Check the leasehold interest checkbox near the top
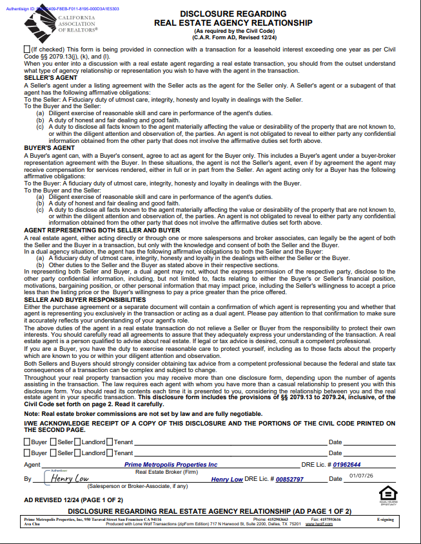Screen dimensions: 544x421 26,49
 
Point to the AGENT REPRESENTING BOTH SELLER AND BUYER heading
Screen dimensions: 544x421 102,230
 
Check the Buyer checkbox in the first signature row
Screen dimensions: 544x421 27,442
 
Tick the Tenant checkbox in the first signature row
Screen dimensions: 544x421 110,442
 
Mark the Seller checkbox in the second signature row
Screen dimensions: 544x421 53,453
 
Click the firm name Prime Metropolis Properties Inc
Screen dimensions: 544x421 171,464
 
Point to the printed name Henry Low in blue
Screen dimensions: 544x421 227,480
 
